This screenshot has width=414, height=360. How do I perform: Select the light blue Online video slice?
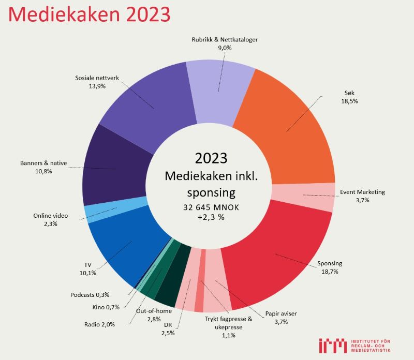click(x=101, y=212)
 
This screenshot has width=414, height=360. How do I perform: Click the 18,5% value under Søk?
click(x=350, y=101)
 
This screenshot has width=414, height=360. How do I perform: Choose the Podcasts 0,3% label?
click(x=90, y=295)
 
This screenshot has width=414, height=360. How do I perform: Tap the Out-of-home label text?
click(x=153, y=311)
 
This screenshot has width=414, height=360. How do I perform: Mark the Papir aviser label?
click(x=281, y=313)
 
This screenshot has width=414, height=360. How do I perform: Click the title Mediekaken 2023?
click(x=88, y=14)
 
